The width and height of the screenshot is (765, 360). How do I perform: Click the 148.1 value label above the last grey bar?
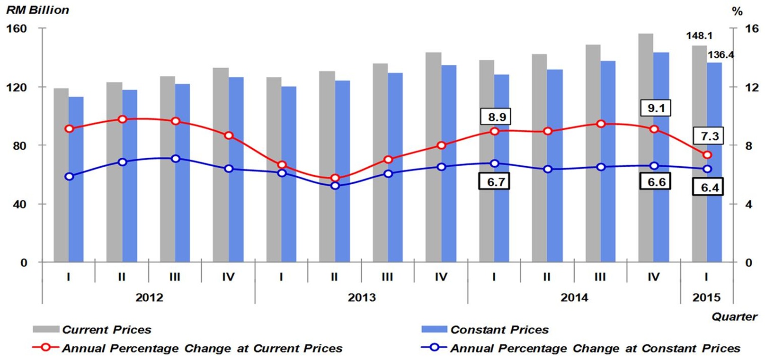pyautogui.click(x=699, y=36)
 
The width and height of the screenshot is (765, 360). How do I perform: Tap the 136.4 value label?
pyautogui.click(x=721, y=55)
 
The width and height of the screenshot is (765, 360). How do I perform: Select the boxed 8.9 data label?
pyautogui.click(x=497, y=117)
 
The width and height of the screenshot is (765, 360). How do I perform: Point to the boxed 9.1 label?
pyautogui.click(x=656, y=108)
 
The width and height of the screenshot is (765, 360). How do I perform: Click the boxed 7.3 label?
pyautogui.click(x=710, y=136)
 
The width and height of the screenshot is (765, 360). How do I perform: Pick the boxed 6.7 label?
pyautogui.click(x=495, y=182)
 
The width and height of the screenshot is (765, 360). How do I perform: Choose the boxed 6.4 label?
pyautogui.click(x=710, y=188)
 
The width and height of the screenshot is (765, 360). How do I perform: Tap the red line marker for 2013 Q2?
pyautogui.click(x=335, y=179)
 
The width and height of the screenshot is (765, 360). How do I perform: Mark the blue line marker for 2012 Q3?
pyautogui.click(x=176, y=159)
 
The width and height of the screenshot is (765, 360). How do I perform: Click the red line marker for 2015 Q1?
pyautogui.click(x=707, y=155)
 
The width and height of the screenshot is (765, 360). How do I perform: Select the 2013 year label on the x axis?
pyautogui.click(x=362, y=297)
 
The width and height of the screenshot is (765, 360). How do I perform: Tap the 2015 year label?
pyautogui.click(x=706, y=297)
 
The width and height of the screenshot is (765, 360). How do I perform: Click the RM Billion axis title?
pyautogui.click(x=37, y=10)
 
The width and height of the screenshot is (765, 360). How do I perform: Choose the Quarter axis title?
pyautogui.click(x=734, y=316)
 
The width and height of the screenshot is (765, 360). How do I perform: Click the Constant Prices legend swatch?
pyautogui.click(x=434, y=329)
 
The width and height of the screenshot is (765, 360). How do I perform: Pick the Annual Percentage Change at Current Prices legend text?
pyautogui.click(x=202, y=349)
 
